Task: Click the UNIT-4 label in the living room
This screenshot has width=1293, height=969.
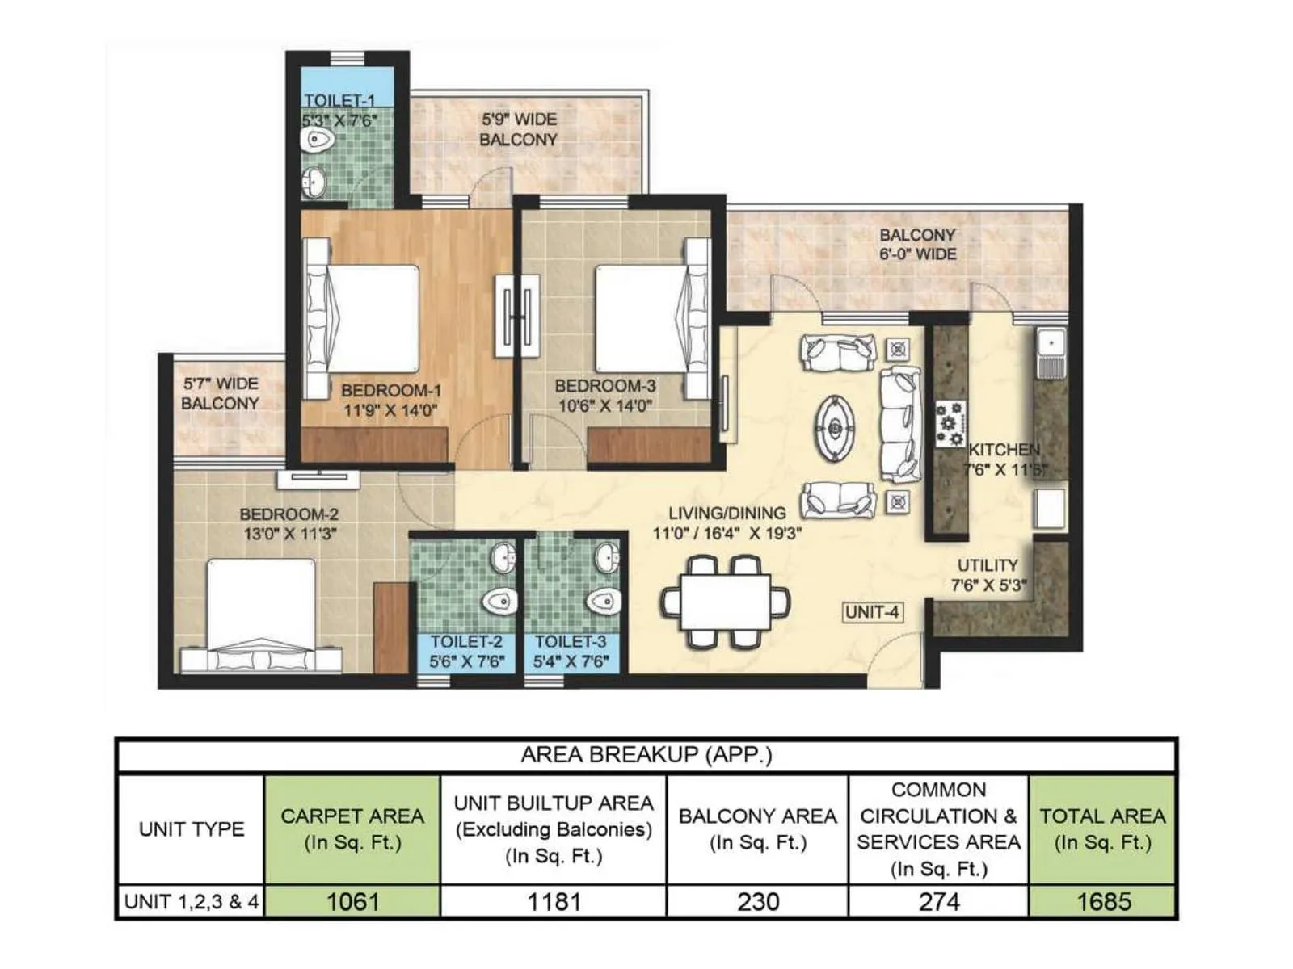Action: tap(871, 612)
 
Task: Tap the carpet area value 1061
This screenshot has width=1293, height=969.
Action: tap(352, 901)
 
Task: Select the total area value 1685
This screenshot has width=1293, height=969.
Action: tap(1103, 901)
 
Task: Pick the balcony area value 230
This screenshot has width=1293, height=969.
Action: tap(757, 901)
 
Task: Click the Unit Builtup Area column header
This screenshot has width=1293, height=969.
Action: tap(554, 829)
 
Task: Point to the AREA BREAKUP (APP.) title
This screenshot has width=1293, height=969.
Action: tap(646, 755)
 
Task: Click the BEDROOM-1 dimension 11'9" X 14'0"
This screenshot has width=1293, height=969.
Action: tap(390, 410)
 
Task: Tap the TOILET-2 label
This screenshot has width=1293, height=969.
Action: tap(466, 642)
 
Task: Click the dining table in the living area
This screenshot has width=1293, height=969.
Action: tap(725, 602)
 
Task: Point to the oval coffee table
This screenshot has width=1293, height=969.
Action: tap(837, 428)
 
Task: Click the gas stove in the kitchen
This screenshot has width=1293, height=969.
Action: tap(950, 424)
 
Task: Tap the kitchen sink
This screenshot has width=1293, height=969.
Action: tap(1051, 354)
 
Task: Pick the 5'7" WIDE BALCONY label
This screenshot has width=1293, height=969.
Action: tap(220, 393)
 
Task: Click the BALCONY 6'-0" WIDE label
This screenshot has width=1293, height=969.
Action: tap(917, 244)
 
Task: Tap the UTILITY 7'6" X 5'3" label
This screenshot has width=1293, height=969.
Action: tap(988, 575)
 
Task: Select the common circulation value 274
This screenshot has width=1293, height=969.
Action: tap(938, 901)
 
